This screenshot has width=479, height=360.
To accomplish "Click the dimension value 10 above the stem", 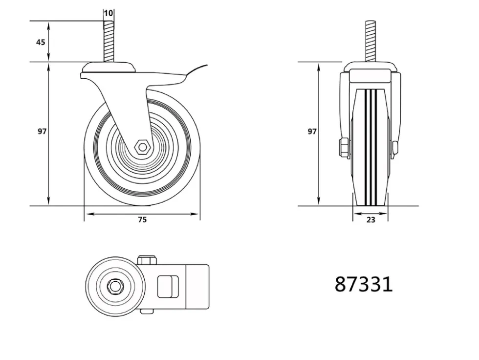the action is click(x=109, y=13).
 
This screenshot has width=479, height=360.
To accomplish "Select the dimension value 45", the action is click(x=41, y=42).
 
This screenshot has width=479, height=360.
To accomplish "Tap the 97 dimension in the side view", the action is click(x=42, y=132).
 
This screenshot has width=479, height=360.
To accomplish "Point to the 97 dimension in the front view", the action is click(x=312, y=132).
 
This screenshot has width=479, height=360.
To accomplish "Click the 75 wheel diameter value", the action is click(x=142, y=220).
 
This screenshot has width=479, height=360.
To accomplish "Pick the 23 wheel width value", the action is click(x=370, y=220).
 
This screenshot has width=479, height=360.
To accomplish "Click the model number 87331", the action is click(x=364, y=285).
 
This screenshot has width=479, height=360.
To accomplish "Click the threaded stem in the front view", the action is click(x=370, y=41).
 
